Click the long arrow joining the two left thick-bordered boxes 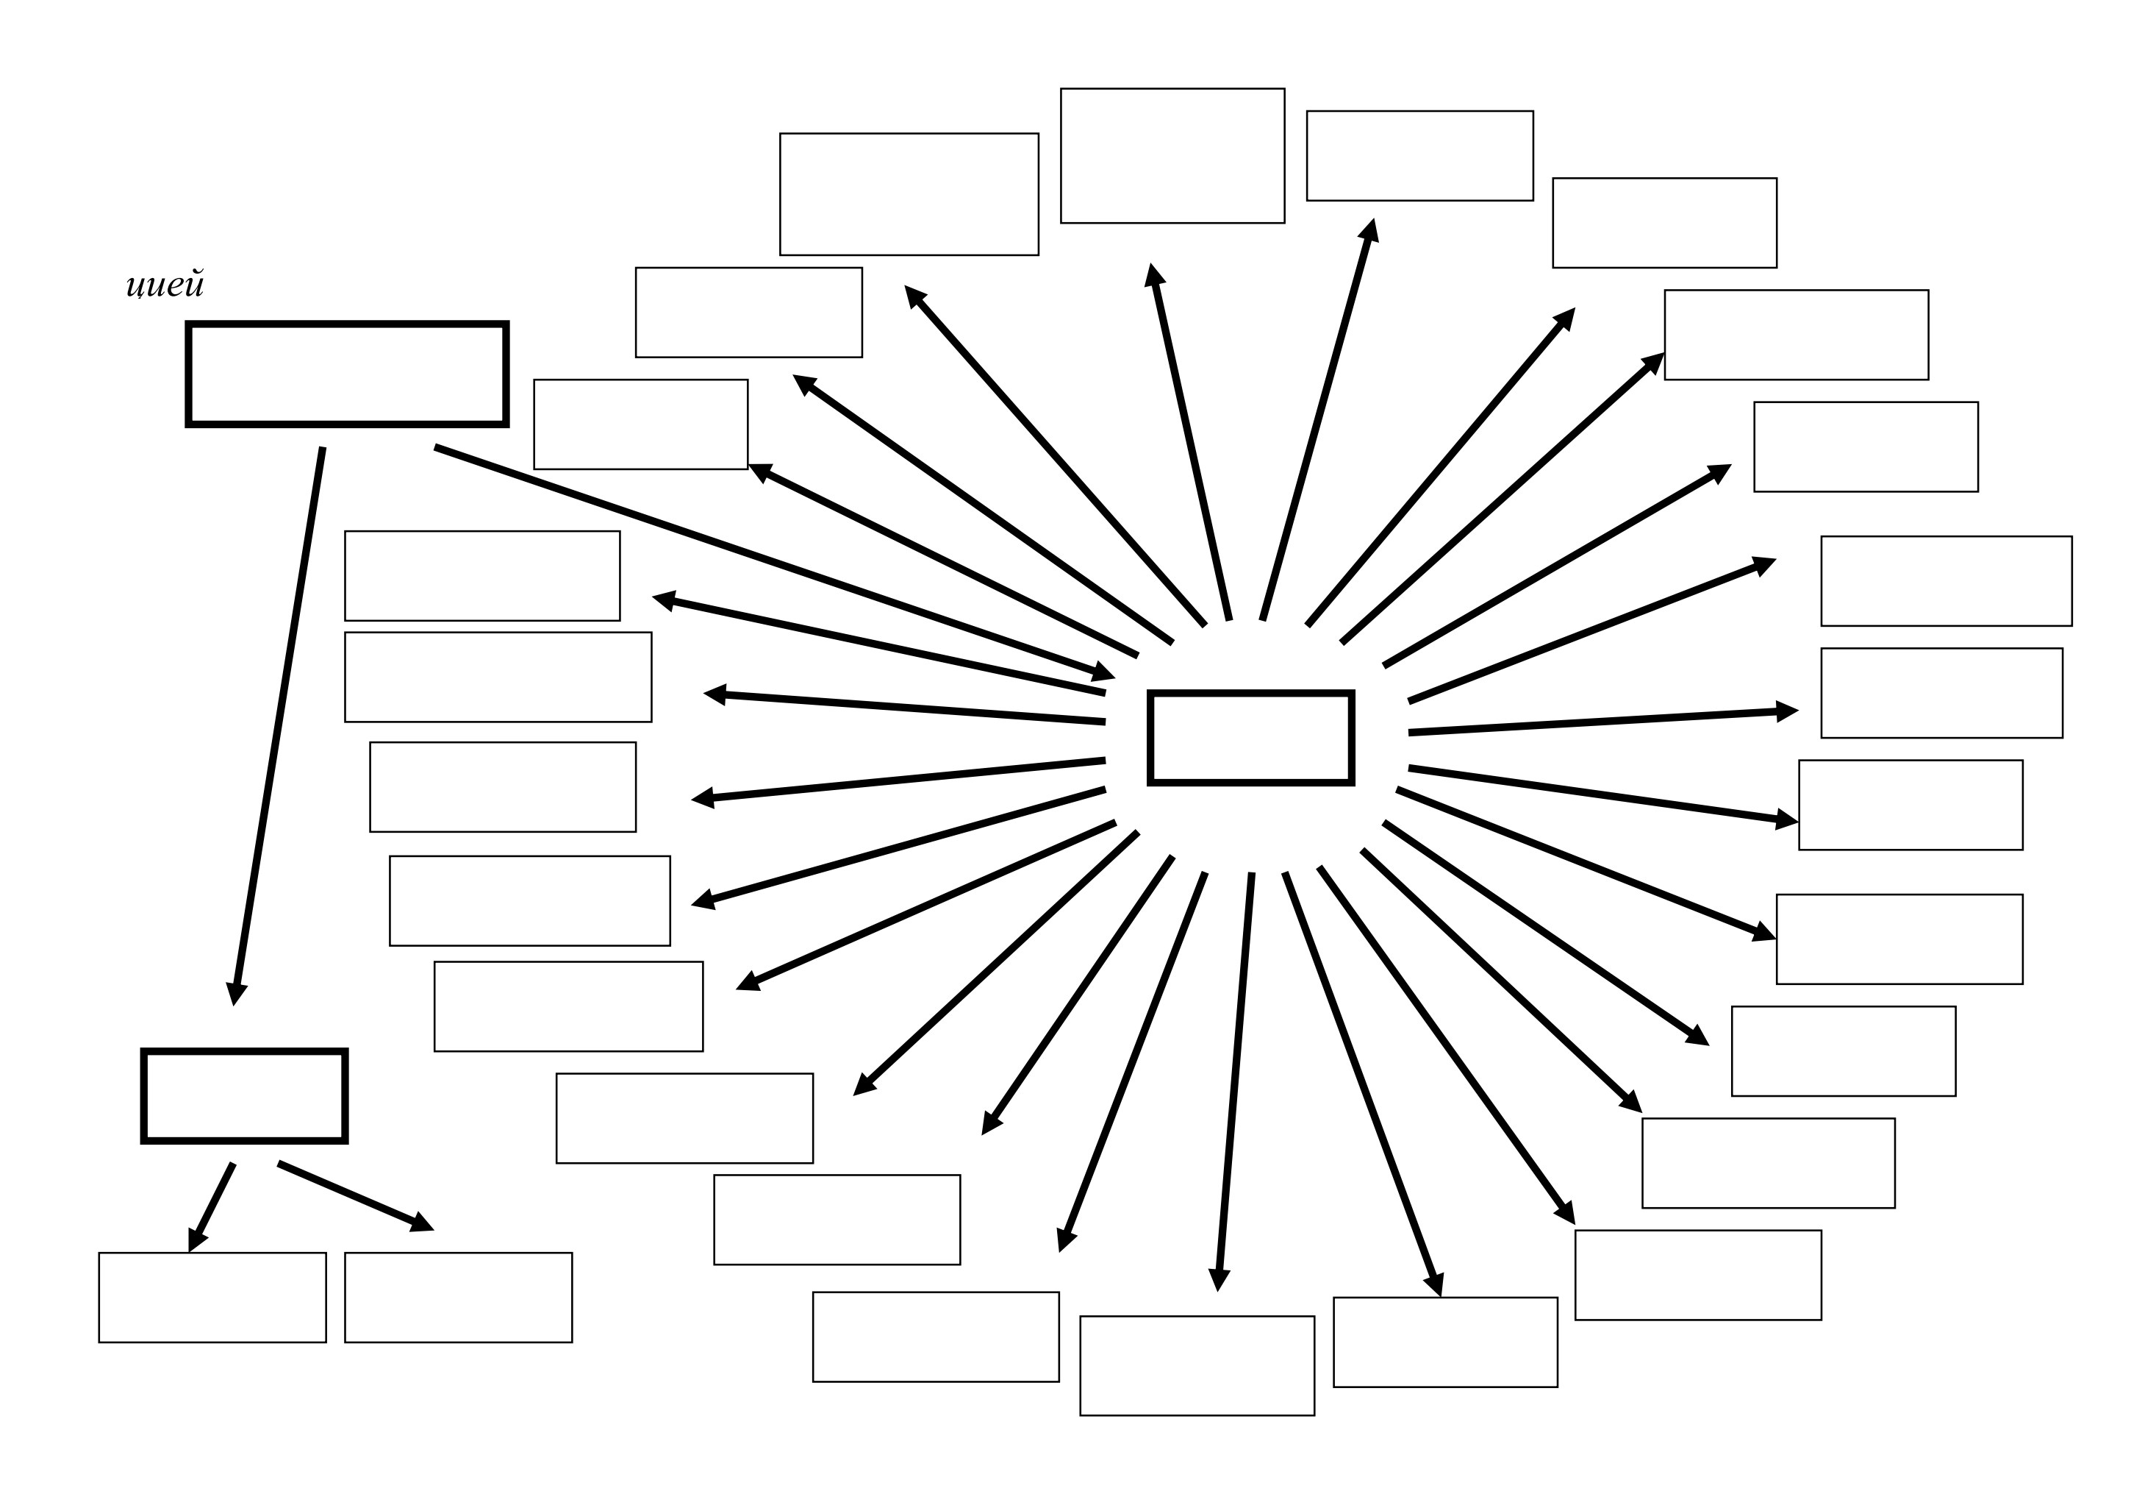279,726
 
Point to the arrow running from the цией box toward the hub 775,563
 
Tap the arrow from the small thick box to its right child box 356,1196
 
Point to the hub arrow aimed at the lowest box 1234,1082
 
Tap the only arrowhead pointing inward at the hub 1103,672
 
